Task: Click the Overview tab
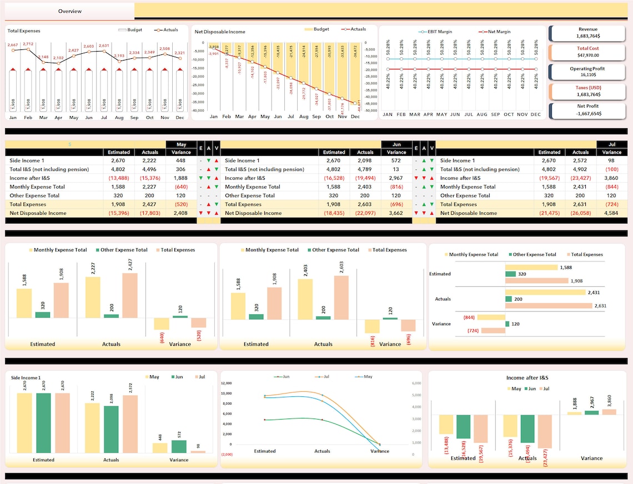(x=69, y=11)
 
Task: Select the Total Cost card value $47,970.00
(x=588, y=55)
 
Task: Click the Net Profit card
(x=588, y=110)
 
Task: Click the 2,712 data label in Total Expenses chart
(x=28, y=44)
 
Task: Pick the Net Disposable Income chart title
(x=220, y=32)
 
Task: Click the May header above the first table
(x=181, y=144)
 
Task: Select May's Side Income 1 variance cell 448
(x=181, y=160)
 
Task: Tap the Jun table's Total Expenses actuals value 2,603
(x=365, y=204)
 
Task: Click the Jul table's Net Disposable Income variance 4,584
(x=611, y=213)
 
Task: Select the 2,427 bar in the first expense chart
(x=129, y=295)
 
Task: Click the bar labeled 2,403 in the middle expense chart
(x=305, y=299)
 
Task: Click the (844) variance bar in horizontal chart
(x=491, y=317)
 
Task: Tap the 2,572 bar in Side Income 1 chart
(x=130, y=423)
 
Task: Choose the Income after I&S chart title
(x=528, y=378)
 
